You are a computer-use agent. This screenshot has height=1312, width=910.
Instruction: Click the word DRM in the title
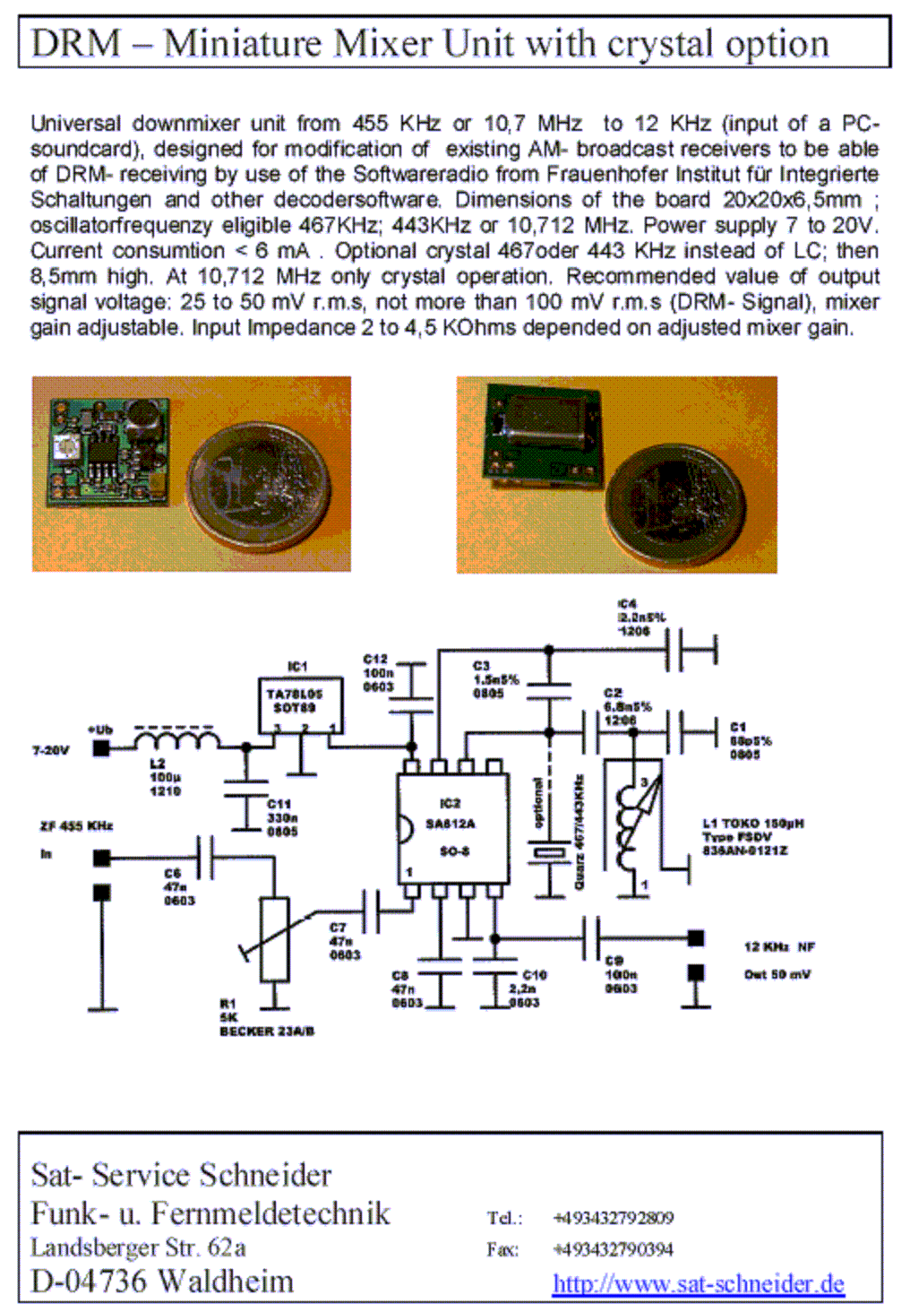click(x=75, y=43)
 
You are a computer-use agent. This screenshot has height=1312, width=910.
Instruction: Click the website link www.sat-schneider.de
click(x=698, y=1283)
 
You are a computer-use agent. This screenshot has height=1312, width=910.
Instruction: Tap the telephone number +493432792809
click(x=614, y=1218)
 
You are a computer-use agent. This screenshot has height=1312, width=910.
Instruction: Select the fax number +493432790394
click(x=614, y=1249)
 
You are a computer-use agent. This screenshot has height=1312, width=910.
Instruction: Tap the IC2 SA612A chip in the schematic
click(x=453, y=826)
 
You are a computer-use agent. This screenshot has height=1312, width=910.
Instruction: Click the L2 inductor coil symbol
click(x=176, y=739)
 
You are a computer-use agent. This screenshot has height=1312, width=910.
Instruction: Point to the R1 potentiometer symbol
click(x=274, y=938)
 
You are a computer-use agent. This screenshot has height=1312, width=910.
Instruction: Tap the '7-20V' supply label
click(x=50, y=750)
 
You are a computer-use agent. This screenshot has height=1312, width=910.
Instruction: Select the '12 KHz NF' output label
click(x=778, y=946)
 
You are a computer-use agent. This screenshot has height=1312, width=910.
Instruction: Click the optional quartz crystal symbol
click(x=548, y=852)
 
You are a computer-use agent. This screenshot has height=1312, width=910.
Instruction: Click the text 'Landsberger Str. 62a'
click(x=138, y=1247)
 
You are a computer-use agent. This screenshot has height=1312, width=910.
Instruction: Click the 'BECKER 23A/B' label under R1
click(x=266, y=1031)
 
